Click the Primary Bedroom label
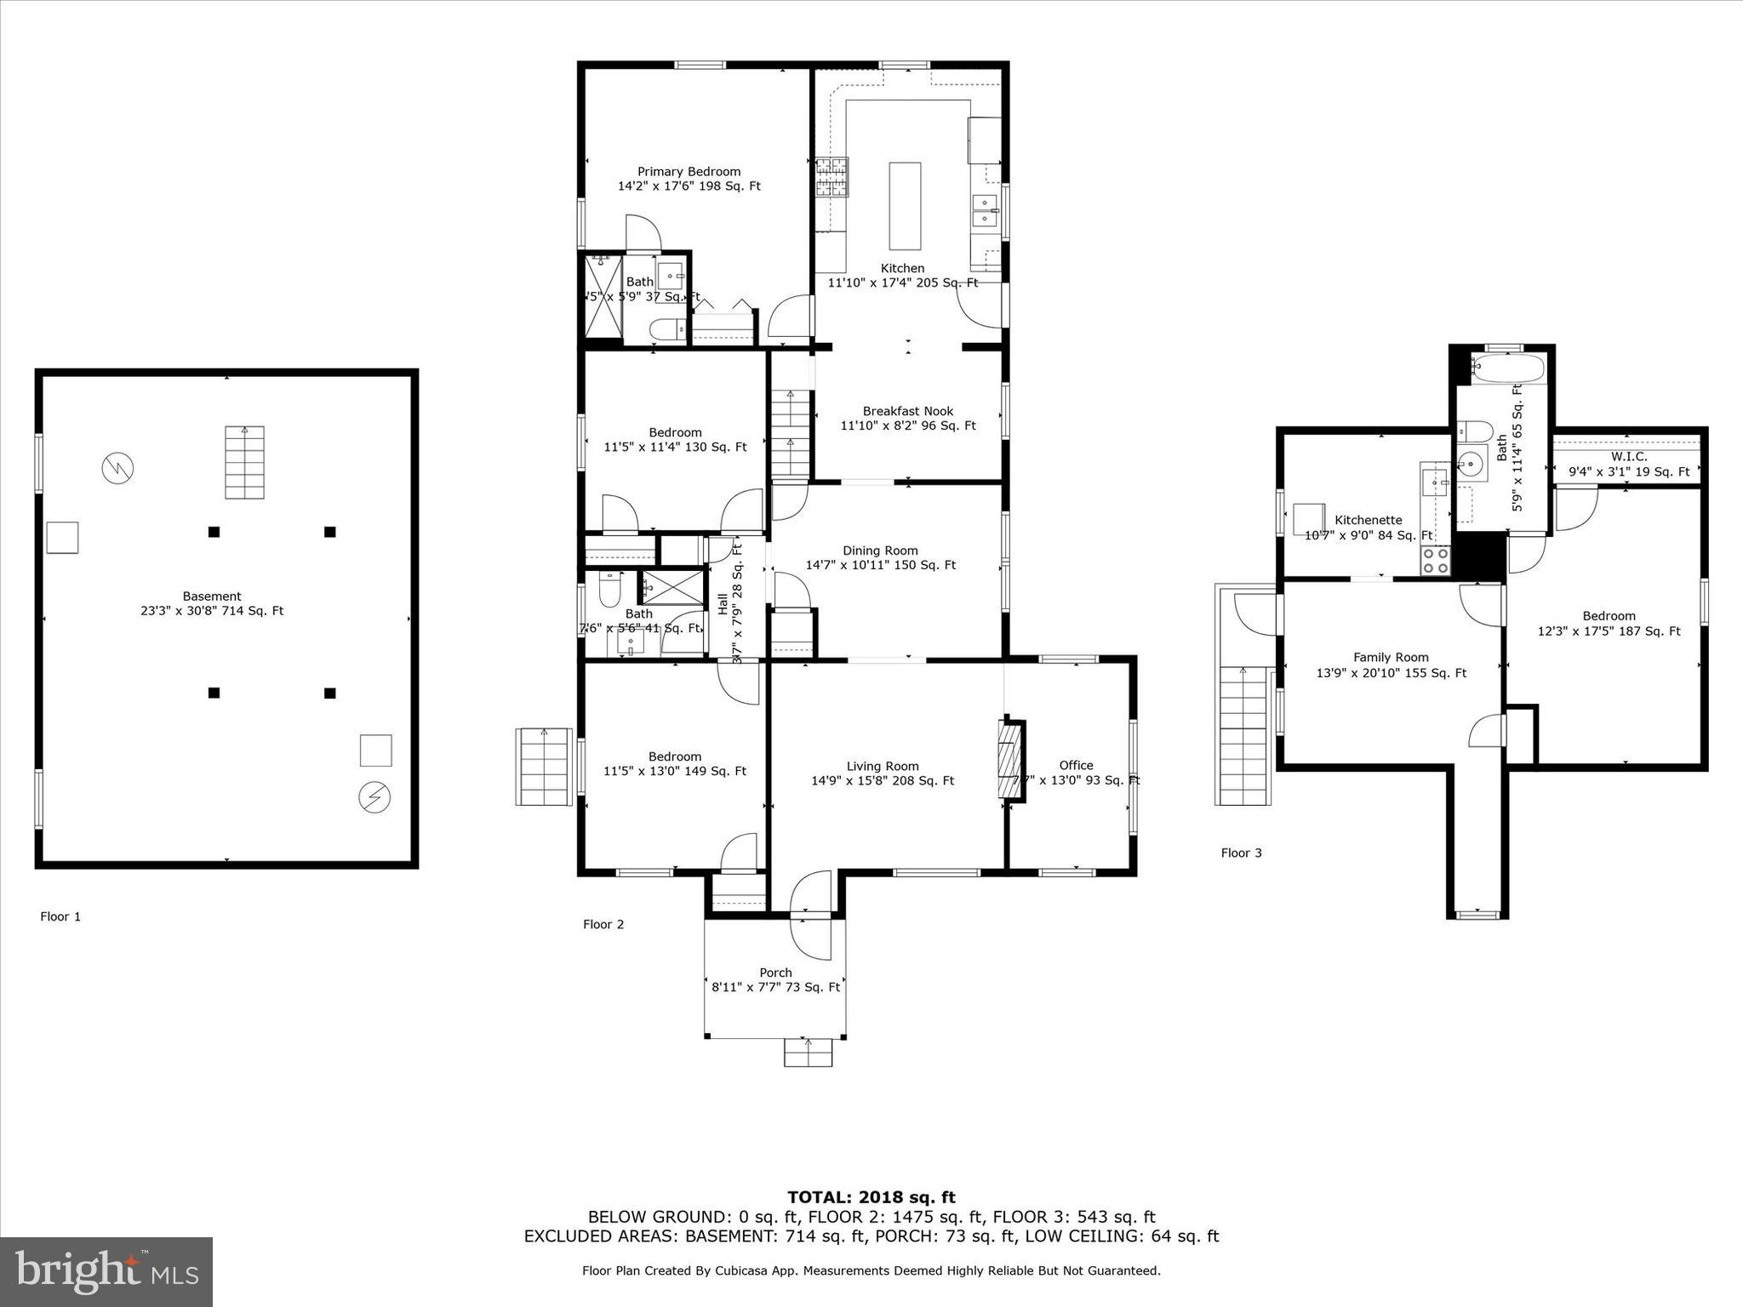689,172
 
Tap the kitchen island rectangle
905,205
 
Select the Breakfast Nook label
908,411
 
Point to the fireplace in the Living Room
1011,760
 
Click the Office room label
1076,765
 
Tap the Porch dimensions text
775,987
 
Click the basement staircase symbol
244,462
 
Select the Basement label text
212,596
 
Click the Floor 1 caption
60,916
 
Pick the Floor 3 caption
1241,853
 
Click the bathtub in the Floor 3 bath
1506,370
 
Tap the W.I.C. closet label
1629,457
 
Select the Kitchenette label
1368,520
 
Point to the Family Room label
1391,657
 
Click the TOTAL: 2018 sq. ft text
871,1197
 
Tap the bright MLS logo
106,1271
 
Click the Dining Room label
880,551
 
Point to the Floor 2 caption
603,924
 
